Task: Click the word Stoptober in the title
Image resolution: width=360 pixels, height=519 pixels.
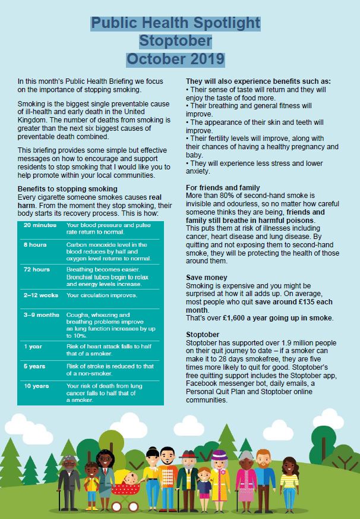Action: point(175,41)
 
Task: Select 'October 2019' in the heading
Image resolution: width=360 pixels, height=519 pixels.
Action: point(175,59)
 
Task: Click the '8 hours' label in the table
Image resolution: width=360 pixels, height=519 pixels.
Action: point(34,244)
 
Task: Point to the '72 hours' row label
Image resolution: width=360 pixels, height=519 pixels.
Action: point(36,269)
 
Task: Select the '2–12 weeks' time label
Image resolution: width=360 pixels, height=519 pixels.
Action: point(40,295)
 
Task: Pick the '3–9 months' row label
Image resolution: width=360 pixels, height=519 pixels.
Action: point(42,314)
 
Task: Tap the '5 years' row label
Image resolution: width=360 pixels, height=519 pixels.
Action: point(34,367)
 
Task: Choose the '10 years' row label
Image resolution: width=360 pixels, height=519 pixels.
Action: point(36,386)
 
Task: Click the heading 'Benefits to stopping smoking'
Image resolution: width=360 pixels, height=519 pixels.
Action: point(67,188)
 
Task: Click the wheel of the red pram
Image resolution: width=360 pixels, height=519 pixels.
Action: point(118,506)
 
